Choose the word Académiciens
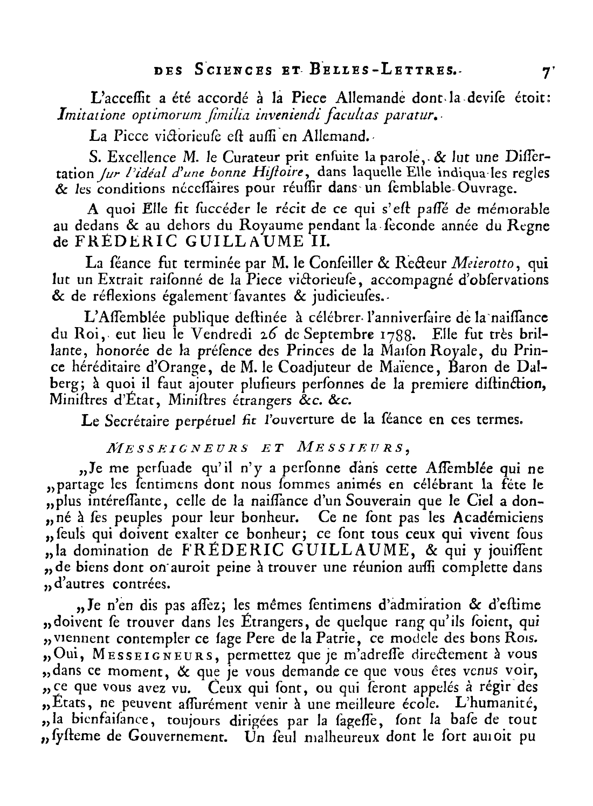[497, 518]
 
